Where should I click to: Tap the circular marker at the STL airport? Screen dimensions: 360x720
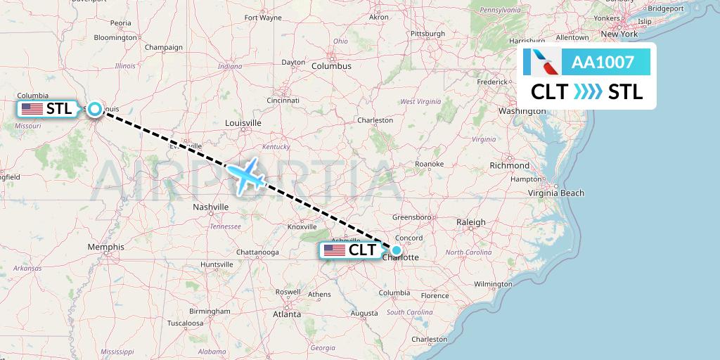(94, 109)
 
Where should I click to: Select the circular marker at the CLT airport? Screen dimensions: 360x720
(397, 250)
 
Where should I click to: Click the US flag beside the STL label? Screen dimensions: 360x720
(32, 109)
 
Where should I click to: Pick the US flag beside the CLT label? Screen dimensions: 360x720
(334, 250)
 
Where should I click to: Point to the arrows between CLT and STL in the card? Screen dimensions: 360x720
(588, 92)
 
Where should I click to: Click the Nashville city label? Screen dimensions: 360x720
(211, 207)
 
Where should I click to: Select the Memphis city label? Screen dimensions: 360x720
(105, 247)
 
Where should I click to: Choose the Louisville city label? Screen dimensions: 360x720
(243, 122)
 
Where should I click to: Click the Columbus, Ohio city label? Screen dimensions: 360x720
(331, 66)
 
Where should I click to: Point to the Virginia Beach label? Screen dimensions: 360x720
(556, 193)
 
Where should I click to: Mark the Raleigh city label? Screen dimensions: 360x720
(470, 222)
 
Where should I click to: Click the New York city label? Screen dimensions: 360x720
(619, 34)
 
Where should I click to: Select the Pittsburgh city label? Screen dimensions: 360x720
(428, 33)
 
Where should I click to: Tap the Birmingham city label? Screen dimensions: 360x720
(210, 311)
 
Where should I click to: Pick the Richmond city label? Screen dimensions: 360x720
(510, 165)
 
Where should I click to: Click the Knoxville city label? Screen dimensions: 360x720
(302, 226)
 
